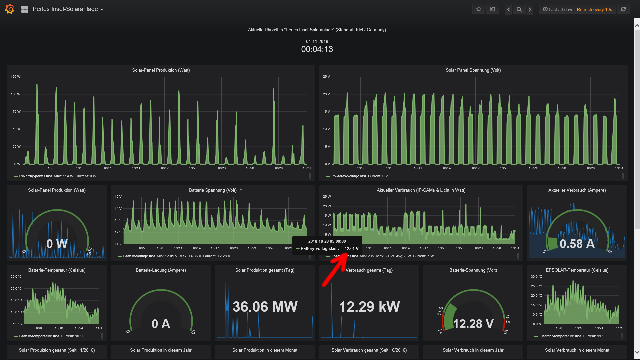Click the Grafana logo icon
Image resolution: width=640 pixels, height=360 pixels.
click(10, 9)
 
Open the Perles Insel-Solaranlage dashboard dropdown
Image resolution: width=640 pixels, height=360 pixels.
click(68, 9)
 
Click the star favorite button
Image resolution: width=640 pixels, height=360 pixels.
click(479, 9)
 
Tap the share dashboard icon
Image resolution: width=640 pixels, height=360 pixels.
click(493, 9)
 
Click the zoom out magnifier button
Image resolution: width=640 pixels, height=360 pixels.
click(519, 9)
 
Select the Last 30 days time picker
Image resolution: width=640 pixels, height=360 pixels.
click(558, 9)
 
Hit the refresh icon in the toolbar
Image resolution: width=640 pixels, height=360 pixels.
click(623, 9)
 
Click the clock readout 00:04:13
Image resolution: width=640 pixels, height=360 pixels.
click(317, 49)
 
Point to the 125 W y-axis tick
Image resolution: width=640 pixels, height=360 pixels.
click(15, 77)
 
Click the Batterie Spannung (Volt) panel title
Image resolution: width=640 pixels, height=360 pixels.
click(213, 190)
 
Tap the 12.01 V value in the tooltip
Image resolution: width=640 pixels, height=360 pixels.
click(351, 249)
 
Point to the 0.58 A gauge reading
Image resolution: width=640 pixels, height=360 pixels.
click(577, 244)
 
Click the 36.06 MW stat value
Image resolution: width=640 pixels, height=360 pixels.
click(265, 307)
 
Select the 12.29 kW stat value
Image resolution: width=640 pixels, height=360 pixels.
click(369, 307)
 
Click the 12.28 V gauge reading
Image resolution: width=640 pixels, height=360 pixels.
click(473, 324)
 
